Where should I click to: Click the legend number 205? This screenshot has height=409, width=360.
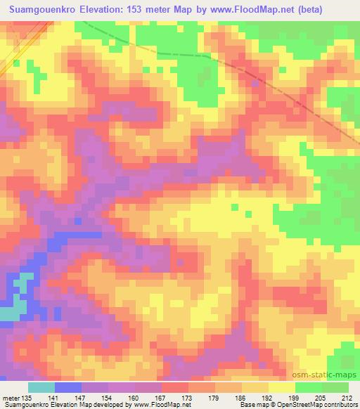click(x=322, y=398)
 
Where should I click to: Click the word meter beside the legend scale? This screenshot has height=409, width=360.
click(x=10, y=398)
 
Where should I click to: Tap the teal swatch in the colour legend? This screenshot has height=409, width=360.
click(x=41, y=387)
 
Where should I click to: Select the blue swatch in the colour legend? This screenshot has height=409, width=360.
click(x=68, y=387)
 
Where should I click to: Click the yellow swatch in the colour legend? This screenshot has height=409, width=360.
click(x=282, y=387)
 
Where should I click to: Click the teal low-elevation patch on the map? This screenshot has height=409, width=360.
click(x=15, y=299)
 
